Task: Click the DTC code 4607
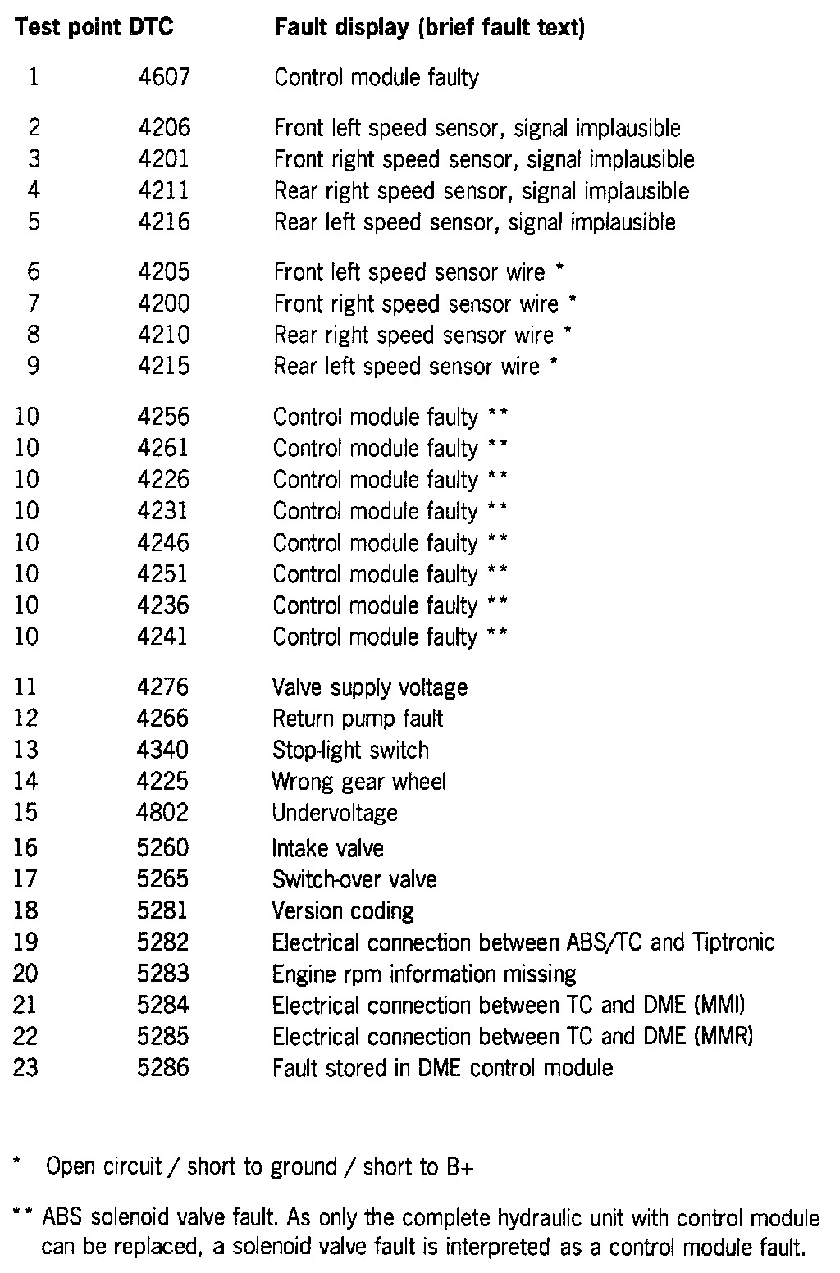coord(163,77)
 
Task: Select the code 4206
coord(163,127)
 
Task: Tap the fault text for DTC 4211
coord(482,191)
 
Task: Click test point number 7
coord(33,303)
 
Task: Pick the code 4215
coord(163,366)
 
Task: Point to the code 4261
coord(162,448)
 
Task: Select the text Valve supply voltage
coord(370,687)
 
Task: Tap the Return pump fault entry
coord(358,719)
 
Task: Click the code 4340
coord(162,750)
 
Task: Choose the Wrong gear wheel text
coord(359,781)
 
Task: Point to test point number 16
coord(26,847)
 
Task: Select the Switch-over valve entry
coord(354,879)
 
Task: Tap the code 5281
coord(162,910)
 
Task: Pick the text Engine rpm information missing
coord(424,974)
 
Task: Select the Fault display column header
coord(430,27)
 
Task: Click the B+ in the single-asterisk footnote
coord(460,1167)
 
